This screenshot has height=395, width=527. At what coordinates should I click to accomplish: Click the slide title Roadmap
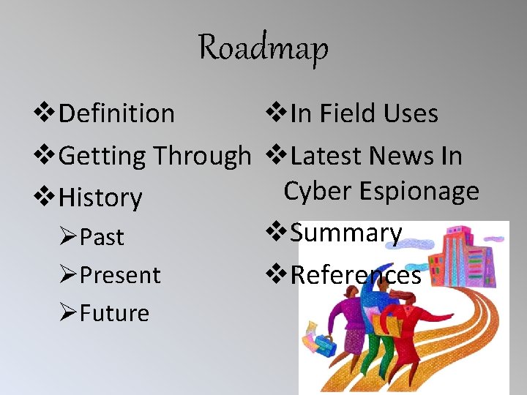[x=263, y=48]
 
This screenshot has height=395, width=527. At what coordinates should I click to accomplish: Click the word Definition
[x=116, y=114]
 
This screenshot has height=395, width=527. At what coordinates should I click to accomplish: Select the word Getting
[x=102, y=157]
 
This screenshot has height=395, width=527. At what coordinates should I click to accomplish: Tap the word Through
[x=201, y=156]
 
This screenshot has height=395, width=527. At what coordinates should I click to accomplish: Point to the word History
[x=100, y=197]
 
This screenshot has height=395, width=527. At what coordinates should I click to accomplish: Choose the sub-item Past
[x=102, y=238]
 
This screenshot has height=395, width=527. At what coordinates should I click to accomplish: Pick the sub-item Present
[x=120, y=276]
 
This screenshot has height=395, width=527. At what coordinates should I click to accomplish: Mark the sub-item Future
[x=114, y=314]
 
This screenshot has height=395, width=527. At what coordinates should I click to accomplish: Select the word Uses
[x=414, y=114]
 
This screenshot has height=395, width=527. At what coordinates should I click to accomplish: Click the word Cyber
[x=315, y=191]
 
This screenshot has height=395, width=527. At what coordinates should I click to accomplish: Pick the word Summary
[x=346, y=233]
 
